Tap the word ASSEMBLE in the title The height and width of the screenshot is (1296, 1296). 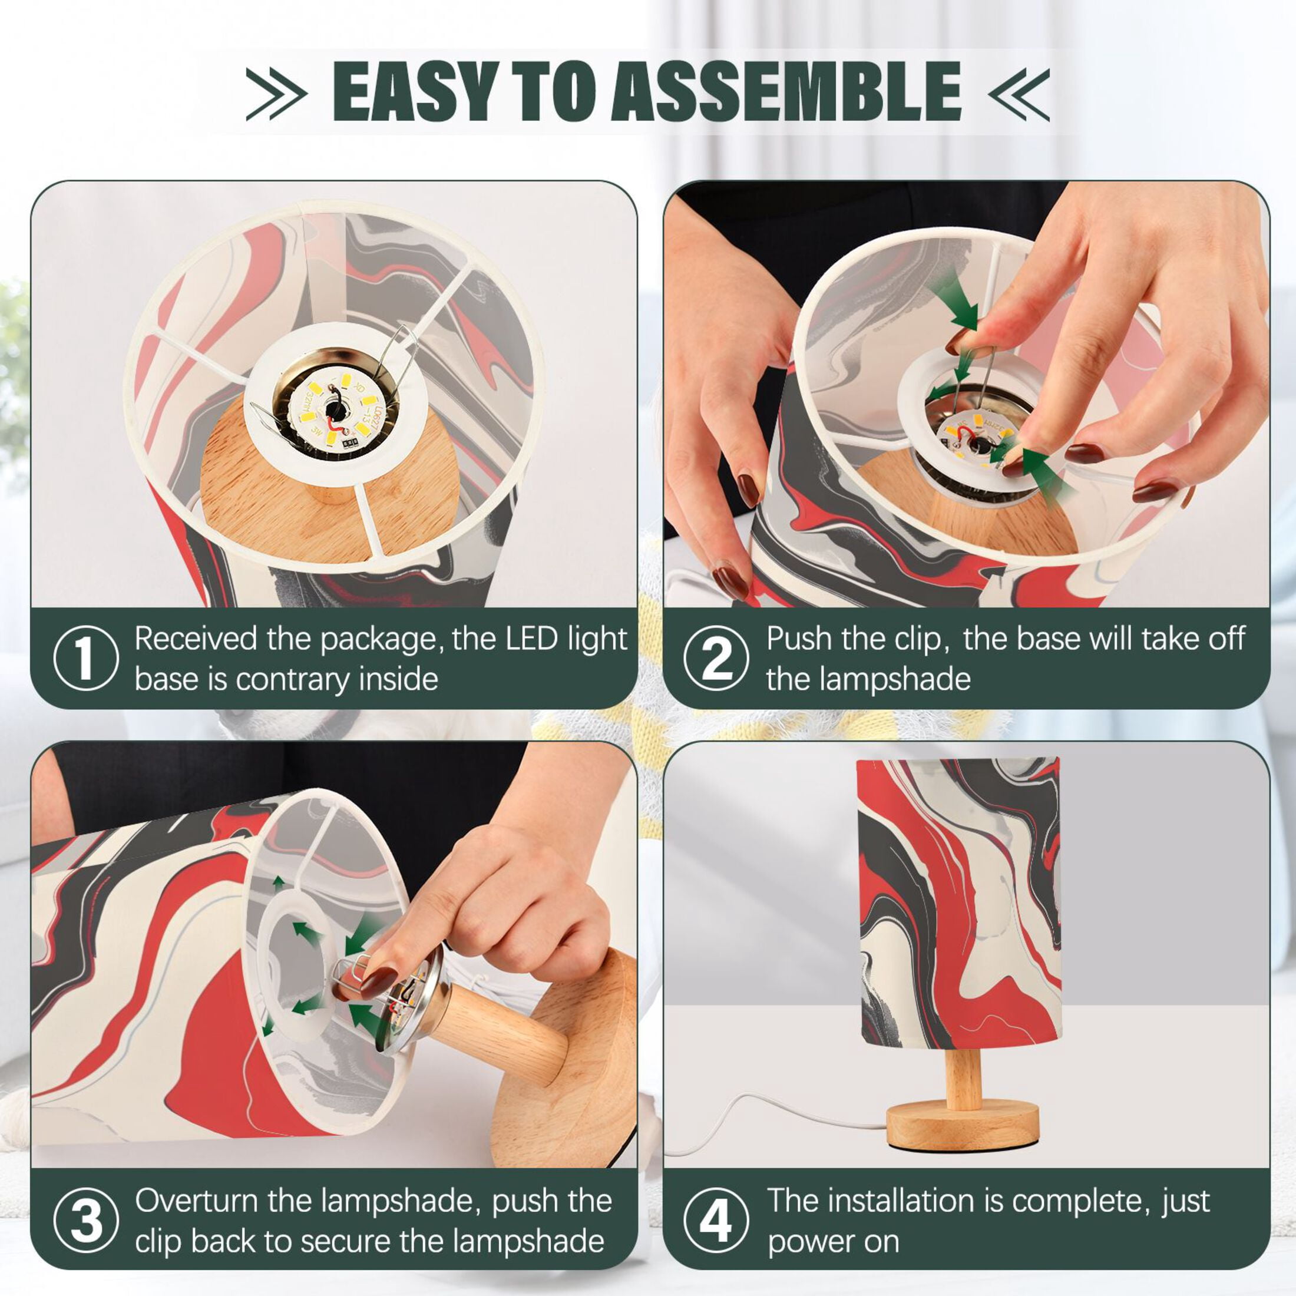(x=786, y=91)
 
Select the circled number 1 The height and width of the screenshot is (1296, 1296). (x=86, y=658)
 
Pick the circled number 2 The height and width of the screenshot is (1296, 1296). (x=716, y=658)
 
